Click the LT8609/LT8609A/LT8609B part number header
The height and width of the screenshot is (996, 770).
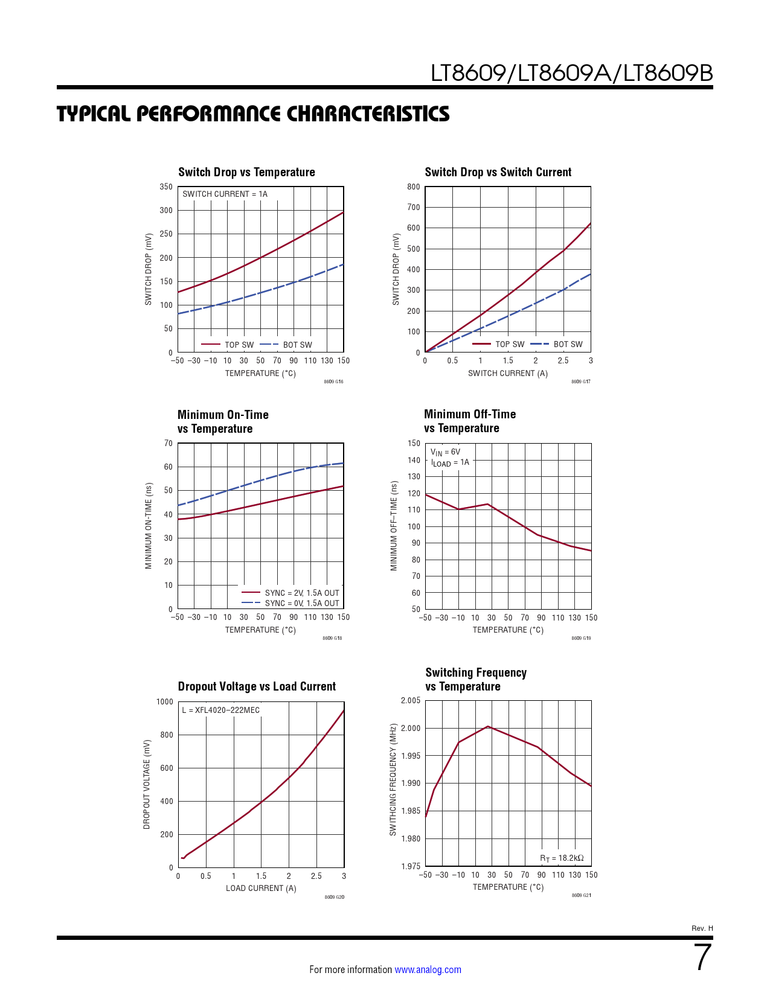tap(571, 74)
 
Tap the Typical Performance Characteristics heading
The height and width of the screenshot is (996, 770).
tap(253, 113)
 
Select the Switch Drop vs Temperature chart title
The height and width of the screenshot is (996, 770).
tap(246, 172)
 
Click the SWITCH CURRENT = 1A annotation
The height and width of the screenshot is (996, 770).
tap(225, 194)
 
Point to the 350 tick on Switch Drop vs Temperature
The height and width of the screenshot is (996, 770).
tap(166, 187)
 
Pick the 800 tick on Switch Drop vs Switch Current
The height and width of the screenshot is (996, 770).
tap(414, 187)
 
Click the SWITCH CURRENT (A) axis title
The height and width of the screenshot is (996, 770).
tap(508, 374)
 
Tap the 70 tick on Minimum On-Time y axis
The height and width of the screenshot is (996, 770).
tap(168, 444)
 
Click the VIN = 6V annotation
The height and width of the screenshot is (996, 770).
tap(445, 452)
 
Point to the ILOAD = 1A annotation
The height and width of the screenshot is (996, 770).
tap(450, 463)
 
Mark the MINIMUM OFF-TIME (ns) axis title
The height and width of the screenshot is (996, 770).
tap(394, 526)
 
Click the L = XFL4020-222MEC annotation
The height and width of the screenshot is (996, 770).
tap(221, 710)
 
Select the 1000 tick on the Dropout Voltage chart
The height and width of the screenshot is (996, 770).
tap(164, 702)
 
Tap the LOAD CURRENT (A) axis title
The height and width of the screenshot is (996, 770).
tap(261, 889)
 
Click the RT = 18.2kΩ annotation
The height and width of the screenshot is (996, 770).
tap(562, 858)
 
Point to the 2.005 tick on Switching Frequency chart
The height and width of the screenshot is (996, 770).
tap(411, 701)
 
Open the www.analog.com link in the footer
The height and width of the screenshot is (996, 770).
tap(428, 970)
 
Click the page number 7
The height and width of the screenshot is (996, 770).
tap(703, 957)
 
